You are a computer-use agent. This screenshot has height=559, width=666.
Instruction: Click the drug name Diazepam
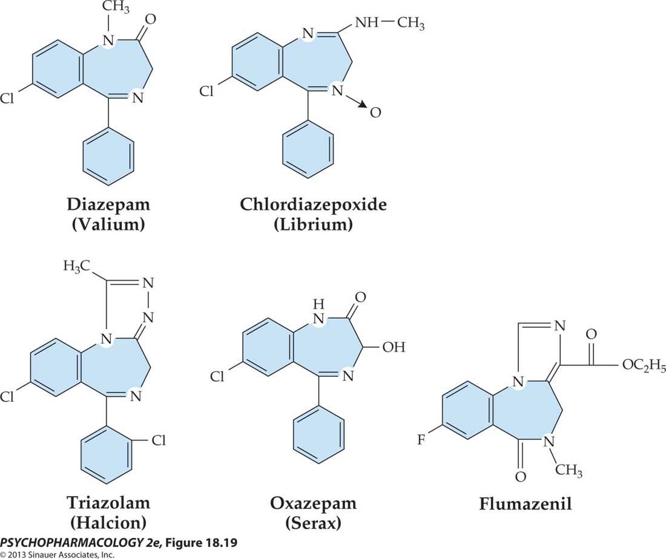pyautogui.click(x=108, y=204)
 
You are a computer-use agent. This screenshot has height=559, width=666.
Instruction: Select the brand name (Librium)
pyautogui.click(x=313, y=224)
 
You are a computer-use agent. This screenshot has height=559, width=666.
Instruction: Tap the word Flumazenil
pyautogui.click(x=526, y=504)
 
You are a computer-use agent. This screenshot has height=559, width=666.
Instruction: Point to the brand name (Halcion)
pyautogui.click(x=108, y=523)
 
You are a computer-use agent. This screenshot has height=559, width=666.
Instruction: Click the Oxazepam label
pyautogui.click(x=314, y=503)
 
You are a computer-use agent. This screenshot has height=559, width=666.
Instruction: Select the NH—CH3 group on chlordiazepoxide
pyautogui.click(x=389, y=22)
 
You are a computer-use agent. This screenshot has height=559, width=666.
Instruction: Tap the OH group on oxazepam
pyautogui.click(x=394, y=347)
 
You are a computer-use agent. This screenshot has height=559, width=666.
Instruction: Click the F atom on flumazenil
pyautogui.click(x=421, y=439)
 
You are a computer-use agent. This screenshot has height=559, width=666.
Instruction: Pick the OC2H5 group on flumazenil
pyautogui.click(x=644, y=365)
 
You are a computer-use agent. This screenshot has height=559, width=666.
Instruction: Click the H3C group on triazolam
pyautogui.click(x=76, y=267)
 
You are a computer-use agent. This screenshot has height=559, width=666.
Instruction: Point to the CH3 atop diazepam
pyautogui.click(x=114, y=8)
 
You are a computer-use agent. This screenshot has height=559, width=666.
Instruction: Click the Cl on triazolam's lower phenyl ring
pyautogui.click(x=159, y=440)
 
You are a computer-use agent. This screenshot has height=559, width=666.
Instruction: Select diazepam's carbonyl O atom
pyautogui.click(x=150, y=19)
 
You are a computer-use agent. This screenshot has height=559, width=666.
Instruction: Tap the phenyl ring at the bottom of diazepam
pyautogui.click(x=108, y=155)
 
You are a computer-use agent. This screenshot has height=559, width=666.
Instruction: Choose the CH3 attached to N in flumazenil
pyautogui.click(x=569, y=469)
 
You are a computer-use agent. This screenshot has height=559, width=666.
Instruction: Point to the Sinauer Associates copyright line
pyautogui.click(x=58, y=554)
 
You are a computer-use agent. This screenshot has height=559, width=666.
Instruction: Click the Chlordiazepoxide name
pyautogui.click(x=313, y=204)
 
